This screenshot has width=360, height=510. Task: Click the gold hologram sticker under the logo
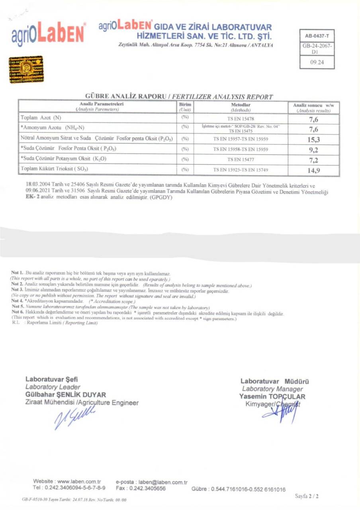click(x=26, y=70)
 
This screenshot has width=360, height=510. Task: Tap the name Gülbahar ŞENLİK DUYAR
click(x=66, y=394)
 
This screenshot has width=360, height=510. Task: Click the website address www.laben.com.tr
click(x=80, y=482)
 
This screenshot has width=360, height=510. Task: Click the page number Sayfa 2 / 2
click(x=307, y=496)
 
